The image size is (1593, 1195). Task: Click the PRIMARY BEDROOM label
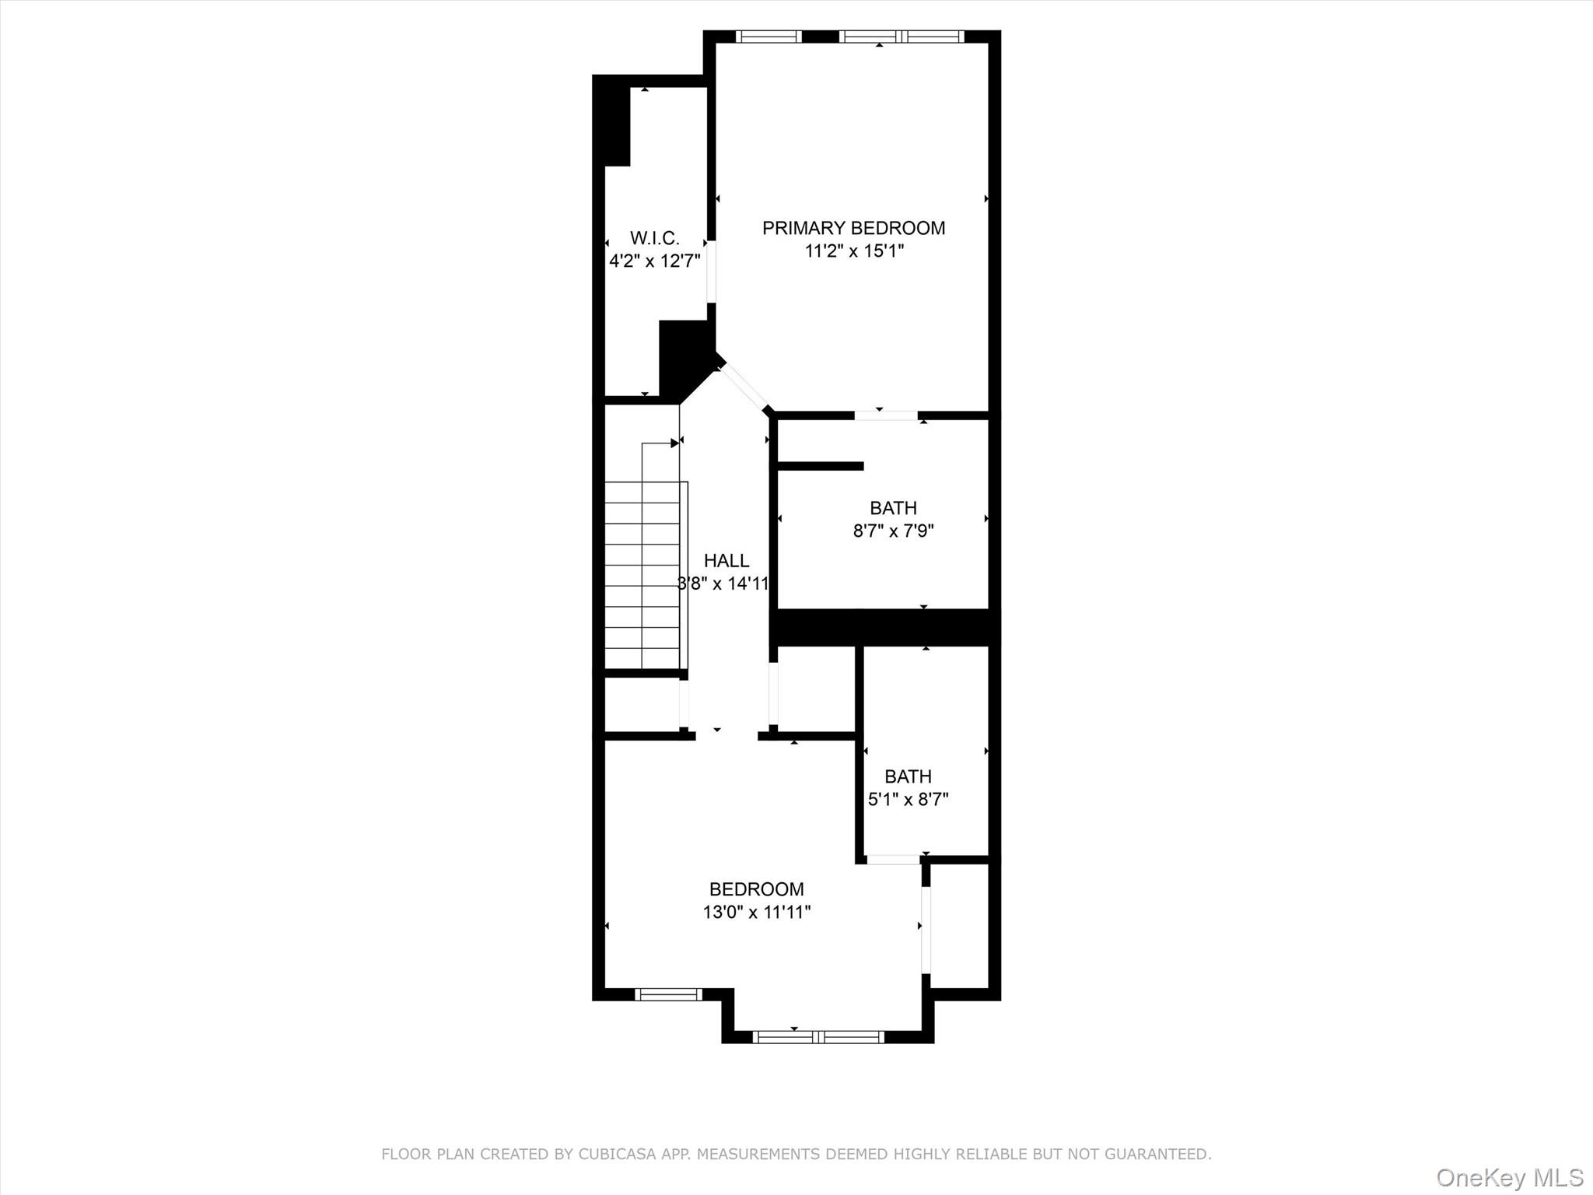853,228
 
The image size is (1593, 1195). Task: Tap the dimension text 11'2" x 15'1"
854,251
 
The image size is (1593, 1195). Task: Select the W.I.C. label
654,238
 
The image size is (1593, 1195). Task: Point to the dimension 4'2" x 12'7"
654,261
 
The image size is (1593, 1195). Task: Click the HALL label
726,561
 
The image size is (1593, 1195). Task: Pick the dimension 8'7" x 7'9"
893,531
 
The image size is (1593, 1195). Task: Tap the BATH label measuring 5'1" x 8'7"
908,776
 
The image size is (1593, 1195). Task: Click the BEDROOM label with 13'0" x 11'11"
756,889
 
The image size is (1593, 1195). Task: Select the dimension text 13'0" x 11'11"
756,912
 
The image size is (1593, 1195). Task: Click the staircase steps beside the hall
642,576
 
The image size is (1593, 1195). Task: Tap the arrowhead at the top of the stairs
674,443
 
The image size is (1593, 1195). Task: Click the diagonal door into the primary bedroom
743,386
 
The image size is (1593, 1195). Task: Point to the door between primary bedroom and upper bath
886,415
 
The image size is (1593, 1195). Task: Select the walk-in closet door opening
711,272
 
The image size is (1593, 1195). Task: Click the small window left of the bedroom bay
668,994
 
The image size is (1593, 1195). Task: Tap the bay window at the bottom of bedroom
818,1036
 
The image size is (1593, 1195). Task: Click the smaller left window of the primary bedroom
768,37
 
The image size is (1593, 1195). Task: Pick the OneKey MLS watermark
1509,1178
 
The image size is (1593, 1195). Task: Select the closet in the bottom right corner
960,926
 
